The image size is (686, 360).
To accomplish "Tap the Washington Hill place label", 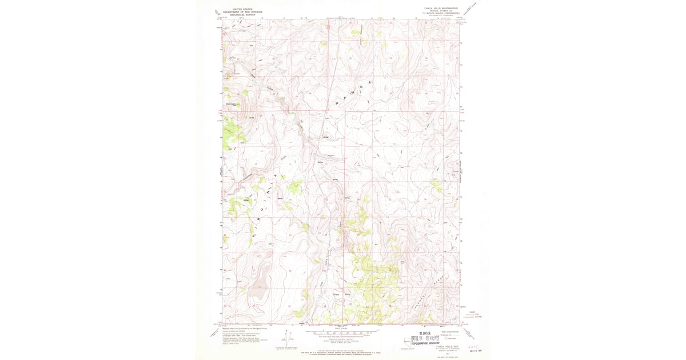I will click(x=232, y=105).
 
